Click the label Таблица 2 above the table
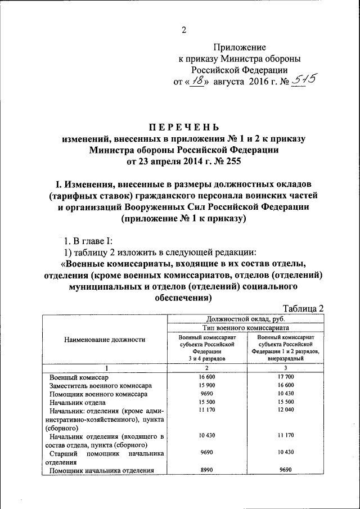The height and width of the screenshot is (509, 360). [x=304, y=308]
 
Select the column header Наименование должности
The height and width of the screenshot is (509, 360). [x=105, y=339]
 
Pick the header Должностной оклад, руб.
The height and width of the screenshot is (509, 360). [x=245, y=318]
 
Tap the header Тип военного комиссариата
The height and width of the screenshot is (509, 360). [x=245, y=327]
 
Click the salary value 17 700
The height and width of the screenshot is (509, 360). [x=286, y=376]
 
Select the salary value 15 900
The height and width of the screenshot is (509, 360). [x=206, y=385]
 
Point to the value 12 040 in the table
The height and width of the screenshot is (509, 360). [x=286, y=412]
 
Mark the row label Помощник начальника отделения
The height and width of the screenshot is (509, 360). [x=101, y=471]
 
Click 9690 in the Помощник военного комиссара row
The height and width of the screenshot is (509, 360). [x=206, y=394]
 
